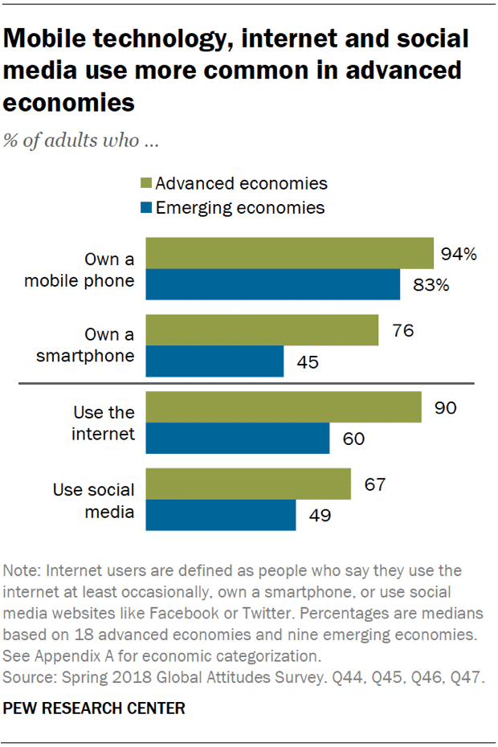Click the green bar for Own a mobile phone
[289, 253]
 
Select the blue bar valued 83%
[272, 284]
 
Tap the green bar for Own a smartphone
[261, 330]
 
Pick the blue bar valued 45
[214, 361]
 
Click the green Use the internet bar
[283, 407]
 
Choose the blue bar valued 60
[237, 439]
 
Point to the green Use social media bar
[247, 484]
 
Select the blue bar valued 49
[220, 515]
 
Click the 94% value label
[459, 254]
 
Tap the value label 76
[402, 330]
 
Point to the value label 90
[445, 407]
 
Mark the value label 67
[374, 484]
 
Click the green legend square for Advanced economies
[145, 183]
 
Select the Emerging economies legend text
[240, 207]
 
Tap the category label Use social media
[94, 500]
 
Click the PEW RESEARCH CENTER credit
[95, 708]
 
